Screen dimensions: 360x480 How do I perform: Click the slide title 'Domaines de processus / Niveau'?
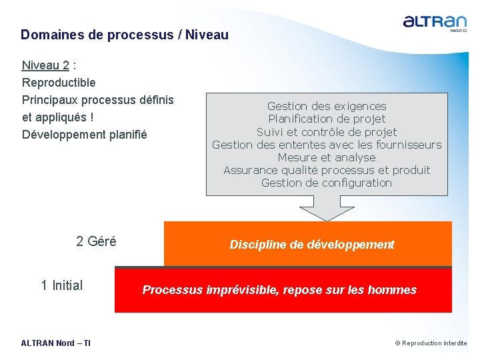(x=124, y=35)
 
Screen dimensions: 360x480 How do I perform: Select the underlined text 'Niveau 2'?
(x=45, y=65)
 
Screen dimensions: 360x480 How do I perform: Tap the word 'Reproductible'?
(x=59, y=83)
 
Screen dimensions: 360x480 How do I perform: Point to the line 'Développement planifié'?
(x=84, y=135)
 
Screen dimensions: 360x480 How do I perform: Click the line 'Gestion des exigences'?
(x=327, y=106)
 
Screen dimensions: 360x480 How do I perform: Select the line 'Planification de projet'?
(x=327, y=119)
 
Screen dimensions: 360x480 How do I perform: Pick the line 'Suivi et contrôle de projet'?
(x=327, y=132)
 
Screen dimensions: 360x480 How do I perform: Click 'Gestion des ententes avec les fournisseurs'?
(x=327, y=145)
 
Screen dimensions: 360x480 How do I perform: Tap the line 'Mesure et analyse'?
(x=327, y=157)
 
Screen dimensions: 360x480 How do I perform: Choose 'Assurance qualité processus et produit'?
(x=327, y=170)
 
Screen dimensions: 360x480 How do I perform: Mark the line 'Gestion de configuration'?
(x=327, y=183)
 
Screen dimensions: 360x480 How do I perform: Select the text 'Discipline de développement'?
(x=312, y=245)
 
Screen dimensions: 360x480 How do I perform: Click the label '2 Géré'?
(x=96, y=241)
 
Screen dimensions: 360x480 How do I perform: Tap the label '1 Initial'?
(x=62, y=285)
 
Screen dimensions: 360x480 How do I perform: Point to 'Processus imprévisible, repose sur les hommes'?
(x=279, y=290)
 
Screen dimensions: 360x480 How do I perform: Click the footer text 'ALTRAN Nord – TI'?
(x=56, y=343)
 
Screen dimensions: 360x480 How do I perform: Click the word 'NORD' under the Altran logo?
(x=458, y=30)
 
